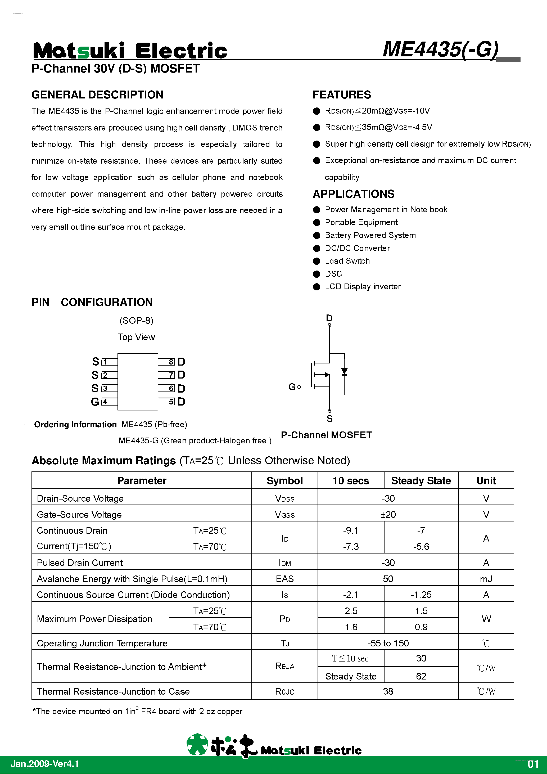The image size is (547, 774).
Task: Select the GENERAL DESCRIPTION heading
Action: point(97,95)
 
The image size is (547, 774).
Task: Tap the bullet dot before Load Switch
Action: point(317,261)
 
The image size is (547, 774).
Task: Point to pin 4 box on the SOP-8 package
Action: point(105,402)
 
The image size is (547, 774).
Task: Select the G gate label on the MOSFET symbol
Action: point(292,387)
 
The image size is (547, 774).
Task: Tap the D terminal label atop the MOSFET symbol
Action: point(329,318)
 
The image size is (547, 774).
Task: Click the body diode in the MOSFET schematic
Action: point(344,372)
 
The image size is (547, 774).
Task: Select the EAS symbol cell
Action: point(284,579)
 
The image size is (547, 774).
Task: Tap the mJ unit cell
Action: point(486,579)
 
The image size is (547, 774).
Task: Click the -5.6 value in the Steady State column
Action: point(421,546)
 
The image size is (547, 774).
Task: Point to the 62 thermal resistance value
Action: point(421,676)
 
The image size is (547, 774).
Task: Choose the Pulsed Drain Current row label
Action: point(80,563)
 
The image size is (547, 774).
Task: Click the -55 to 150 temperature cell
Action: point(388,643)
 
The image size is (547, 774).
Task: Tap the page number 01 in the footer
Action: point(533,764)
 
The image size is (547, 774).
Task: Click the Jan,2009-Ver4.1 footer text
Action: point(45,764)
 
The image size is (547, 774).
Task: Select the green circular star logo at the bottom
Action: point(197,744)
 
